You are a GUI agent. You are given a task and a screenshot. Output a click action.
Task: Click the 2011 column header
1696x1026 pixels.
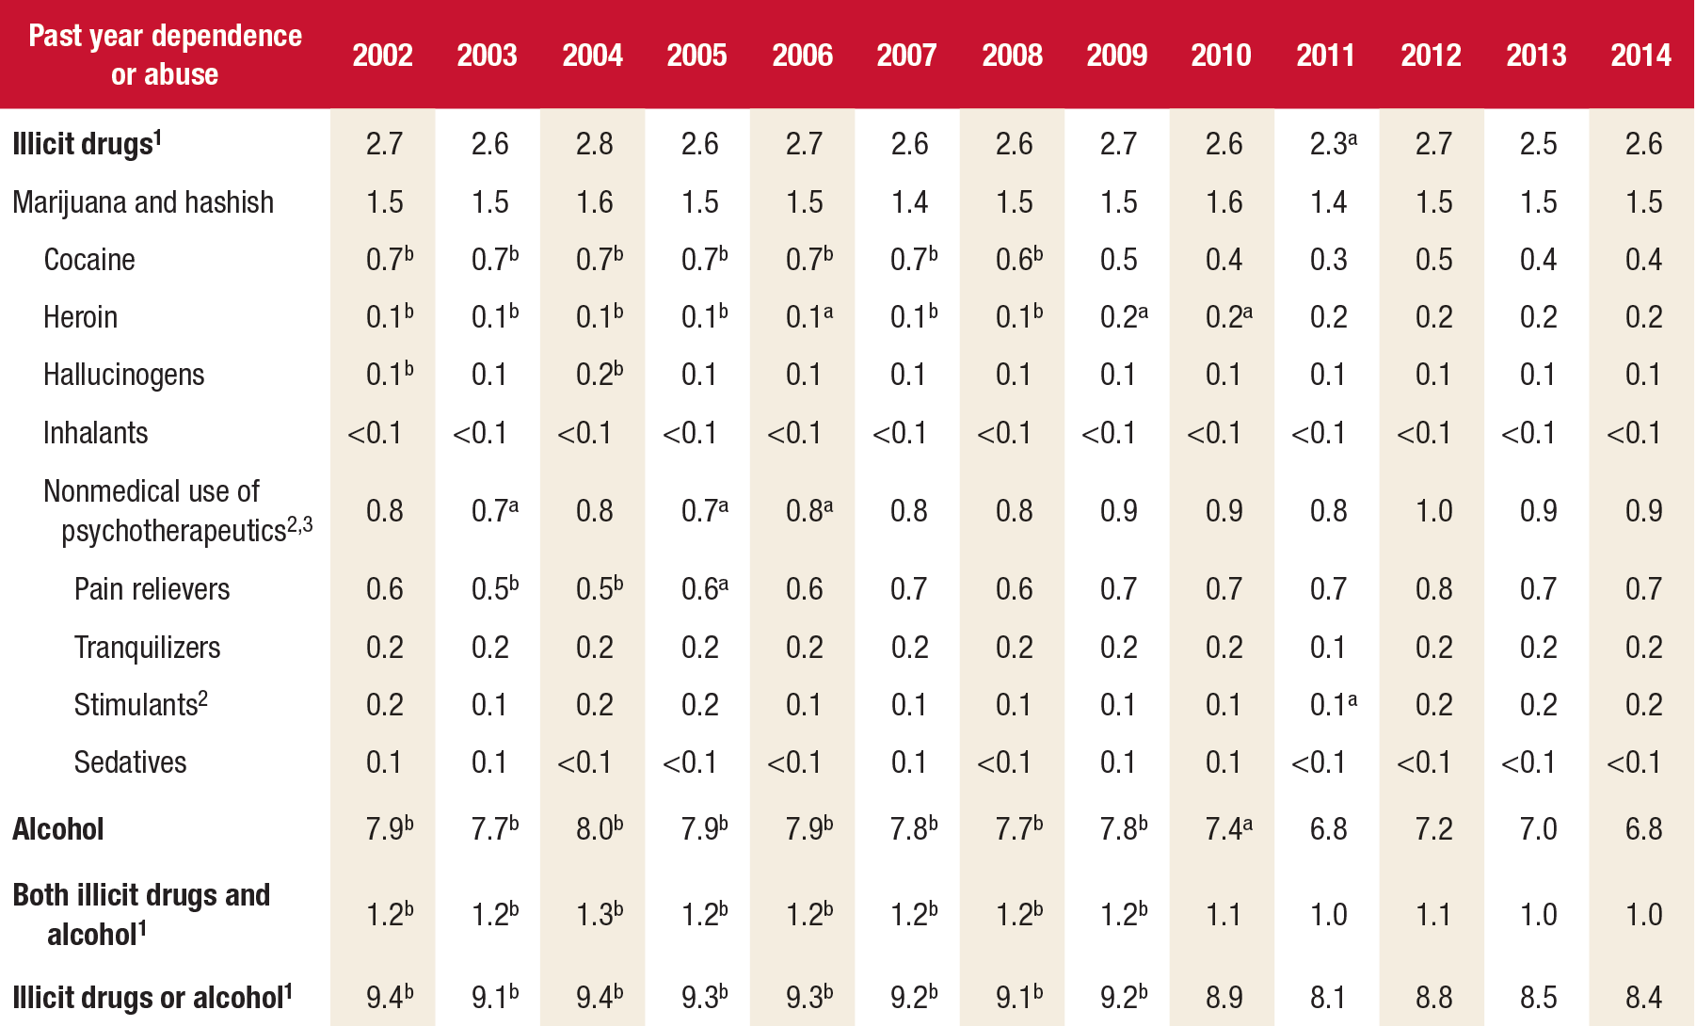coord(1325,55)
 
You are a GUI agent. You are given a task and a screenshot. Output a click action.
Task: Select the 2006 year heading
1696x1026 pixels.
coord(802,55)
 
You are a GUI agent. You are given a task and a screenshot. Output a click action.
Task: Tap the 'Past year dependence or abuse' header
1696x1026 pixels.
coord(165,55)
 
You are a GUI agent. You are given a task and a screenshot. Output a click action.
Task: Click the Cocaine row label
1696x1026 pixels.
coord(89,260)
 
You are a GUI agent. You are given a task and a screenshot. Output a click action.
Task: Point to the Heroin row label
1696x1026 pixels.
coord(80,317)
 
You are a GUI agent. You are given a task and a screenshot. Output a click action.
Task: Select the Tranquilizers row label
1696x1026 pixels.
coord(147,648)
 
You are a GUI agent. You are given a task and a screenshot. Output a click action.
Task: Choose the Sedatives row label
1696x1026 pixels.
coord(130,762)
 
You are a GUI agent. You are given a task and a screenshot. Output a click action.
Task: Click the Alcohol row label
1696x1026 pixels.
coord(57,829)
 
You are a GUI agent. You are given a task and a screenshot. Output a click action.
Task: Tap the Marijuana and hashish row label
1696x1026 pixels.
coord(143,202)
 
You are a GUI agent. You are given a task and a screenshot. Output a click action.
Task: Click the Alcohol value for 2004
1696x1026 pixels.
coord(598,829)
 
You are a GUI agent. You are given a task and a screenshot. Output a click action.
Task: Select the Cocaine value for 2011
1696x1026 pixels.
coord(1328,260)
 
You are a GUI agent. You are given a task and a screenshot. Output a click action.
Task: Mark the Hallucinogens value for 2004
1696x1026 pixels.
coord(598,375)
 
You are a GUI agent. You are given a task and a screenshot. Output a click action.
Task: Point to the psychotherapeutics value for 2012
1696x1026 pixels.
coord(1433,511)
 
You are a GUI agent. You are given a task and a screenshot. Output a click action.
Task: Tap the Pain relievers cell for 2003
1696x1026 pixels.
coord(493,589)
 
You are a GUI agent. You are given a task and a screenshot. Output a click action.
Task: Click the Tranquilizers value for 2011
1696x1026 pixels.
coord(1327,648)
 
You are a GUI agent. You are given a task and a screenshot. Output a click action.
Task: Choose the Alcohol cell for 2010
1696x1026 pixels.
coord(1227,829)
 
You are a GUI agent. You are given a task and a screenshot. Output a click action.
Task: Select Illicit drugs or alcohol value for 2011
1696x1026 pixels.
coord(1327,998)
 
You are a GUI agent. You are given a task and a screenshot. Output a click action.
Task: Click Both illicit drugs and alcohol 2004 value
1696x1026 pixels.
coord(598,915)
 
